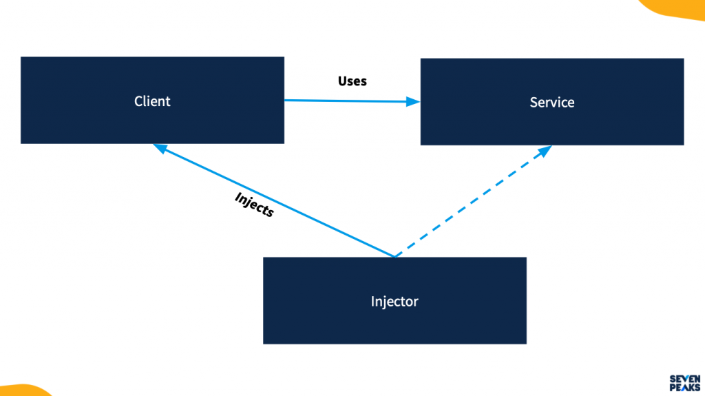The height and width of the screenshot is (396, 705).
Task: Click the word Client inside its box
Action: (152, 101)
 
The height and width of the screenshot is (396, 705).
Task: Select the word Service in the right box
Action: (551, 103)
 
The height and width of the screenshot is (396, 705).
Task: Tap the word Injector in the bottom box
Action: (394, 302)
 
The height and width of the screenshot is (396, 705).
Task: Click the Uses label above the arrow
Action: (352, 81)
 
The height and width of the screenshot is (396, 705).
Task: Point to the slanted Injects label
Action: (254, 205)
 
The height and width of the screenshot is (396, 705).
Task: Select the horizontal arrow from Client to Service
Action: (351, 101)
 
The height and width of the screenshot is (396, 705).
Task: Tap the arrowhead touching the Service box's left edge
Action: (413, 102)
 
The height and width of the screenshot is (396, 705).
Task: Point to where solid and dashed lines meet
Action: (394, 257)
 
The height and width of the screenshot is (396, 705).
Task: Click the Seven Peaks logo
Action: (685, 382)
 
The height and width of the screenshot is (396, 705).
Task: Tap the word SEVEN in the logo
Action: (685, 378)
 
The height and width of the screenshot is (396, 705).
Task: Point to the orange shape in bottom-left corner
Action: (21, 390)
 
